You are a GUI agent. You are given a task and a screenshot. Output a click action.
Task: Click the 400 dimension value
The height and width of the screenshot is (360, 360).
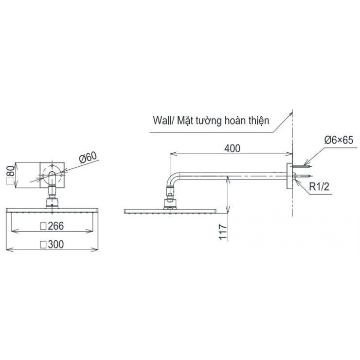[x=232, y=149]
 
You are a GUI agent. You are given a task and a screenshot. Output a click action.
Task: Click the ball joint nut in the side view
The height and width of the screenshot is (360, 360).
[x=170, y=198]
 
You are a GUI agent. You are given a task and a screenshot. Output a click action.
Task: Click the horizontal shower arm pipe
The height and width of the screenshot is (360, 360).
[x=234, y=174]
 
